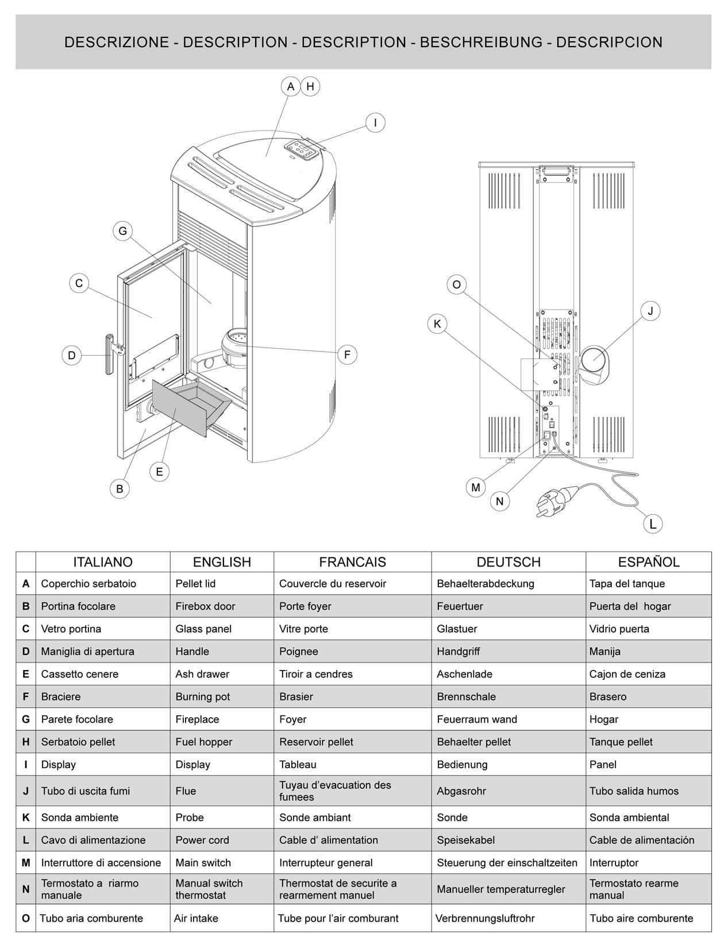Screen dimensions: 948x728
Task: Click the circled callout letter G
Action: coord(122,232)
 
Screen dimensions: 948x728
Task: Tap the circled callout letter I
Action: coord(375,123)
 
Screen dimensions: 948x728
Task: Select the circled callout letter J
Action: coord(650,311)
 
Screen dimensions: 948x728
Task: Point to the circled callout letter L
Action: coord(653,524)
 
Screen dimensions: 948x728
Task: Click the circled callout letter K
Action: coord(437,324)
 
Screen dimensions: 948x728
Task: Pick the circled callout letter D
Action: coord(72,355)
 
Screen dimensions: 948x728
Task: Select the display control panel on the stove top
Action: coord(302,149)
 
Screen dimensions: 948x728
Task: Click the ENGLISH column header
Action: coord(222,562)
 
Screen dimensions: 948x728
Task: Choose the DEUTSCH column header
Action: coord(509,562)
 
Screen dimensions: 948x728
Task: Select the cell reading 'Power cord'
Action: coord(202,840)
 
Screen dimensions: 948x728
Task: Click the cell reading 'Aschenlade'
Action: coord(464,674)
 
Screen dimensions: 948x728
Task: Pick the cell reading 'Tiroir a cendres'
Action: coord(316,674)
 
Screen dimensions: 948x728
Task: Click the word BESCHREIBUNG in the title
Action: coord(482,42)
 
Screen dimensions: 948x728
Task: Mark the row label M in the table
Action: coord(26,862)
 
